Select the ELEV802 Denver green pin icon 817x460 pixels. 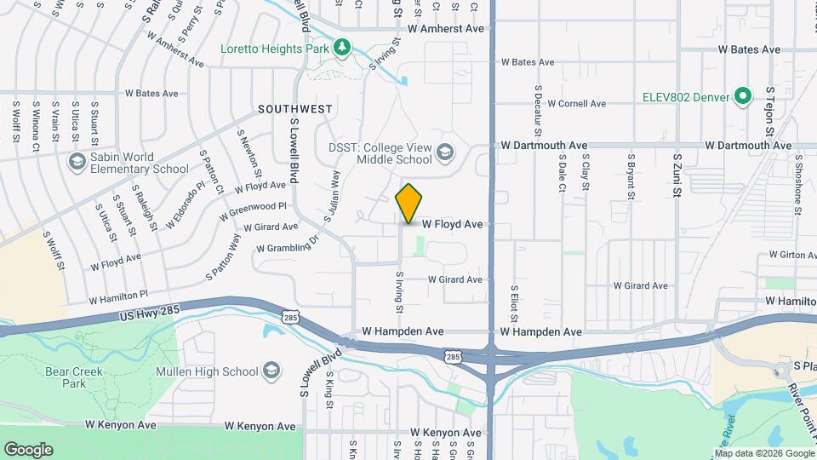coord(741,97)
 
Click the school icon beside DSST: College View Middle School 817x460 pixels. coord(443,154)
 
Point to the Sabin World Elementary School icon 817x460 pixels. coord(76,162)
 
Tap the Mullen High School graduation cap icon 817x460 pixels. coord(271,371)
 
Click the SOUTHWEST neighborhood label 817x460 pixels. coord(295,110)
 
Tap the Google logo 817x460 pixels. coord(28,450)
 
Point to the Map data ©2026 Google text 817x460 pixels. coord(763,451)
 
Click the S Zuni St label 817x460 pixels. coord(677,175)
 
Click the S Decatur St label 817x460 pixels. coord(538,110)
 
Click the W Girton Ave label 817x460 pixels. coord(791,255)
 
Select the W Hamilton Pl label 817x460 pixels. coord(124,296)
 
